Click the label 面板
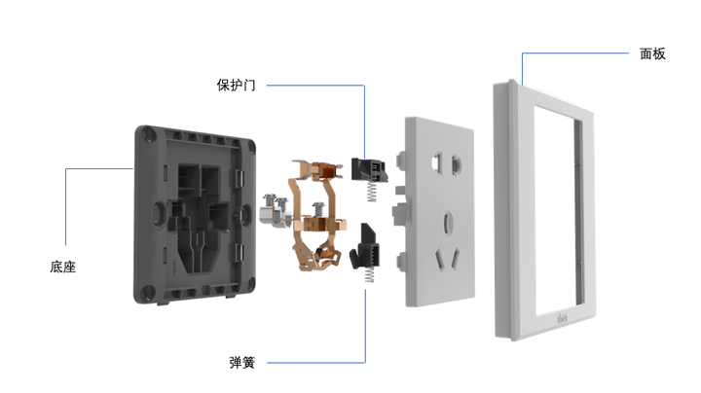pos(652,54)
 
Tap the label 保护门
pos(236,85)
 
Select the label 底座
pos(62,268)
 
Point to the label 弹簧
pos(241,362)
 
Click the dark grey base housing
pos(195,214)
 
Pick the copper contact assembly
pos(316,215)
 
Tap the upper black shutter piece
pos(369,169)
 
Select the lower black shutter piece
pos(364,246)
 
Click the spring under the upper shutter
pos(372,192)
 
